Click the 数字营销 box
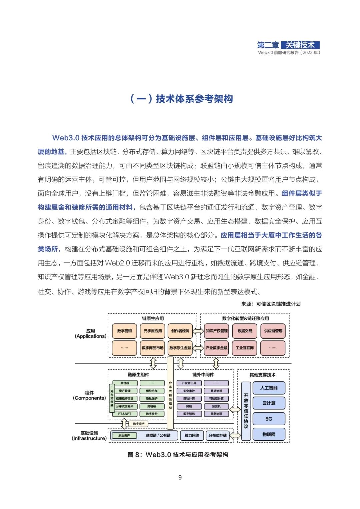pyautogui.click(x=124, y=331)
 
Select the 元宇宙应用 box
pyautogui.click(x=153, y=331)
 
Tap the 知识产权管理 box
pyautogui.click(x=216, y=331)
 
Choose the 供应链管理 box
pyautogui.click(x=273, y=331)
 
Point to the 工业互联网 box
pyautogui.click(x=245, y=348)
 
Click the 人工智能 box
pyautogui.click(x=269, y=388)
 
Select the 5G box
pyautogui.click(x=269, y=419)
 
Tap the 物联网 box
pyautogui.click(x=269, y=434)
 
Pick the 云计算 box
pyautogui.click(x=269, y=403)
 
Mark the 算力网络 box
pyautogui.click(x=192, y=435)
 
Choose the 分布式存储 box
pyautogui.click(x=218, y=435)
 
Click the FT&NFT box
pyautogui.click(x=125, y=414)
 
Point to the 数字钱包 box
pyautogui.click(x=189, y=414)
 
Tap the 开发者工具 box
pyautogui.click(x=189, y=383)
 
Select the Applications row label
pyautogui.click(x=90, y=334)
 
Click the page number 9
pyautogui.click(x=180, y=478)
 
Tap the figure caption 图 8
pyautogui.click(x=178, y=455)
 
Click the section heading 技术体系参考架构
pyautogui.click(x=181, y=99)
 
